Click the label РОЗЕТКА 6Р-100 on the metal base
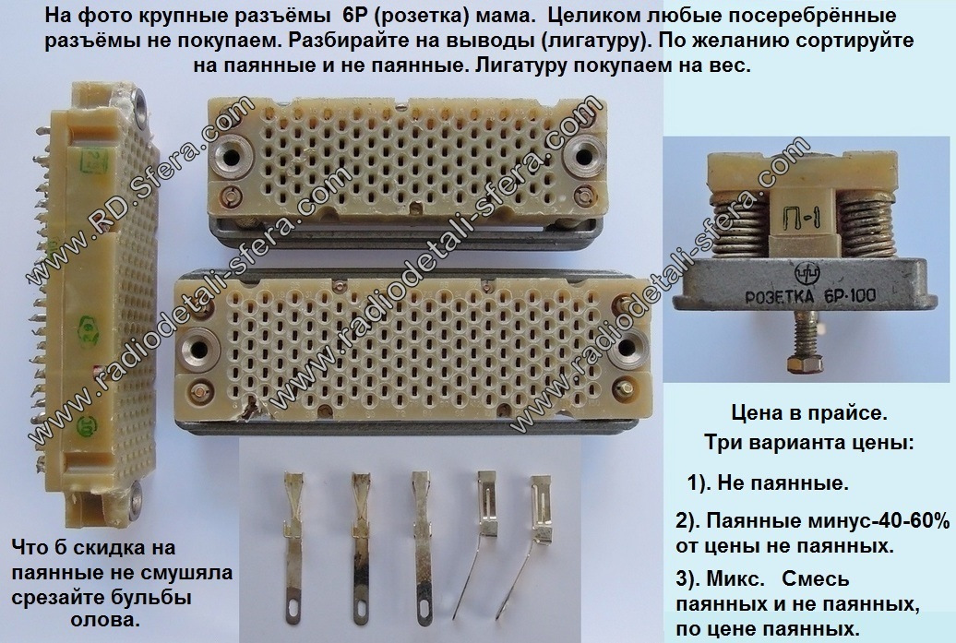[811, 295]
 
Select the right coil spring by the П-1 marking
[866, 226]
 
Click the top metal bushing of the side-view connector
[140, 101]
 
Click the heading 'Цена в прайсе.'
[809, 413]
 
